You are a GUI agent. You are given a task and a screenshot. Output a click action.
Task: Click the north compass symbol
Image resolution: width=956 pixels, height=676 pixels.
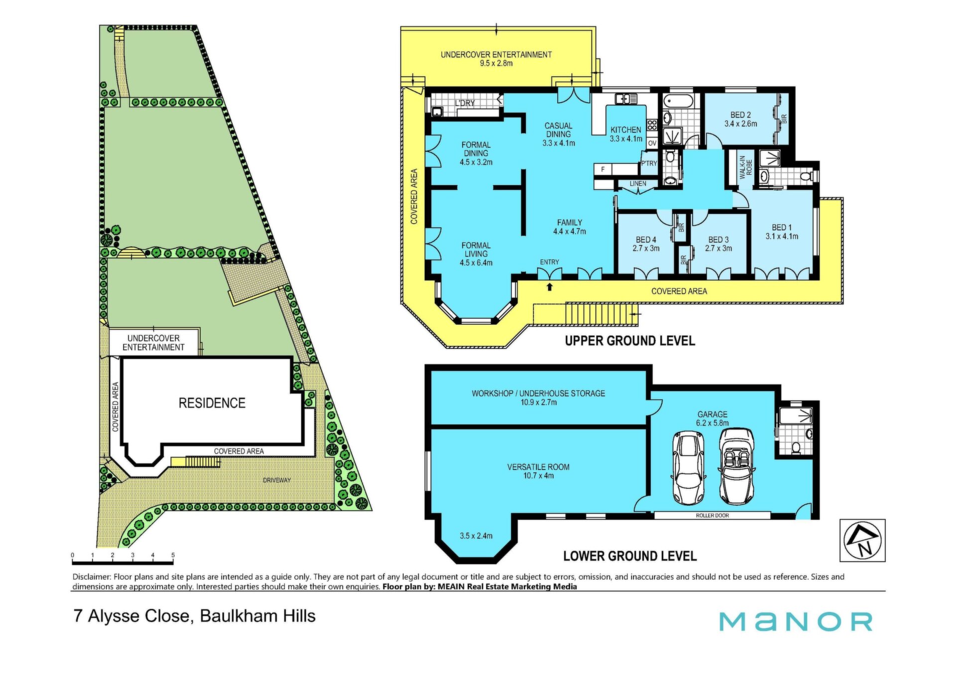[862, 540]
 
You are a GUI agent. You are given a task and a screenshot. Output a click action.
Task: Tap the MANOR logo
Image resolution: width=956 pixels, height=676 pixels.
[796, 622]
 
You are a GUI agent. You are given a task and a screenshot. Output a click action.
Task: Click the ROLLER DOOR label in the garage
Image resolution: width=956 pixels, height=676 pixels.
[712, 515]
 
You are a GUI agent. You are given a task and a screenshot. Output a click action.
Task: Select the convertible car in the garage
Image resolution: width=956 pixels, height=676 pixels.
[736, 467]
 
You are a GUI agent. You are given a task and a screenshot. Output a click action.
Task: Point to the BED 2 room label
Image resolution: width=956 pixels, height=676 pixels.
[740, 115]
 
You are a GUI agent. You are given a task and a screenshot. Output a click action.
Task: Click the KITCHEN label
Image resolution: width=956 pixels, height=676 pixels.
[626, 130]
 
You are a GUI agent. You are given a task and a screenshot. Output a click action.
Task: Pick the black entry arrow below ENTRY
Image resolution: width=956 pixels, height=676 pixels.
[549, 286]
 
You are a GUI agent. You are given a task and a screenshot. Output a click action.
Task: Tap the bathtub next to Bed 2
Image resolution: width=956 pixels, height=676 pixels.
[678, 101]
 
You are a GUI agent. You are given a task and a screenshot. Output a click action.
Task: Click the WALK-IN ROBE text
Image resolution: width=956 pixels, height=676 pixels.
[745, 167]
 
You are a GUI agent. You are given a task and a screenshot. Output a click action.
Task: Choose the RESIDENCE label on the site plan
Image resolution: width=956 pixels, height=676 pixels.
[212, 403]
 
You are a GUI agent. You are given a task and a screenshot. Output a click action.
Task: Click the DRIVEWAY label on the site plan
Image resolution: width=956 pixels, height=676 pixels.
[276, 480]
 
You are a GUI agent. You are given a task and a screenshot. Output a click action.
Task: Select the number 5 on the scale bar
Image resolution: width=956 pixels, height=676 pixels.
[173, 555]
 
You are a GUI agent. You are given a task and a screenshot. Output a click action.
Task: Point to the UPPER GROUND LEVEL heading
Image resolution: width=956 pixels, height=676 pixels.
[630, 341]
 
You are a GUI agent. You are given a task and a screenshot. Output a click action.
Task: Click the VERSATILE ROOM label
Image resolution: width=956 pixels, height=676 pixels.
[538, 467]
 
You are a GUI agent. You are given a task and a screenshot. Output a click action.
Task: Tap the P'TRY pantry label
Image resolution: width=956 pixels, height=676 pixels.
[649, 163]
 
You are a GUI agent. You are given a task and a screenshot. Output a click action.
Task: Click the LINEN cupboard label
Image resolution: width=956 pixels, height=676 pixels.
[638, 183]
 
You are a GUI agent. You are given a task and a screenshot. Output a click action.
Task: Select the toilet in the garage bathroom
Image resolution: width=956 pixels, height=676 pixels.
[795, 448]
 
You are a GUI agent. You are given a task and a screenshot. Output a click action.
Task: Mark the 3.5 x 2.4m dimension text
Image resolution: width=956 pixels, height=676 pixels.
[476, 536]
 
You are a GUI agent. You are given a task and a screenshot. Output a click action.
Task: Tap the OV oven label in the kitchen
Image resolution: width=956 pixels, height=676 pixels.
[652, 143]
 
